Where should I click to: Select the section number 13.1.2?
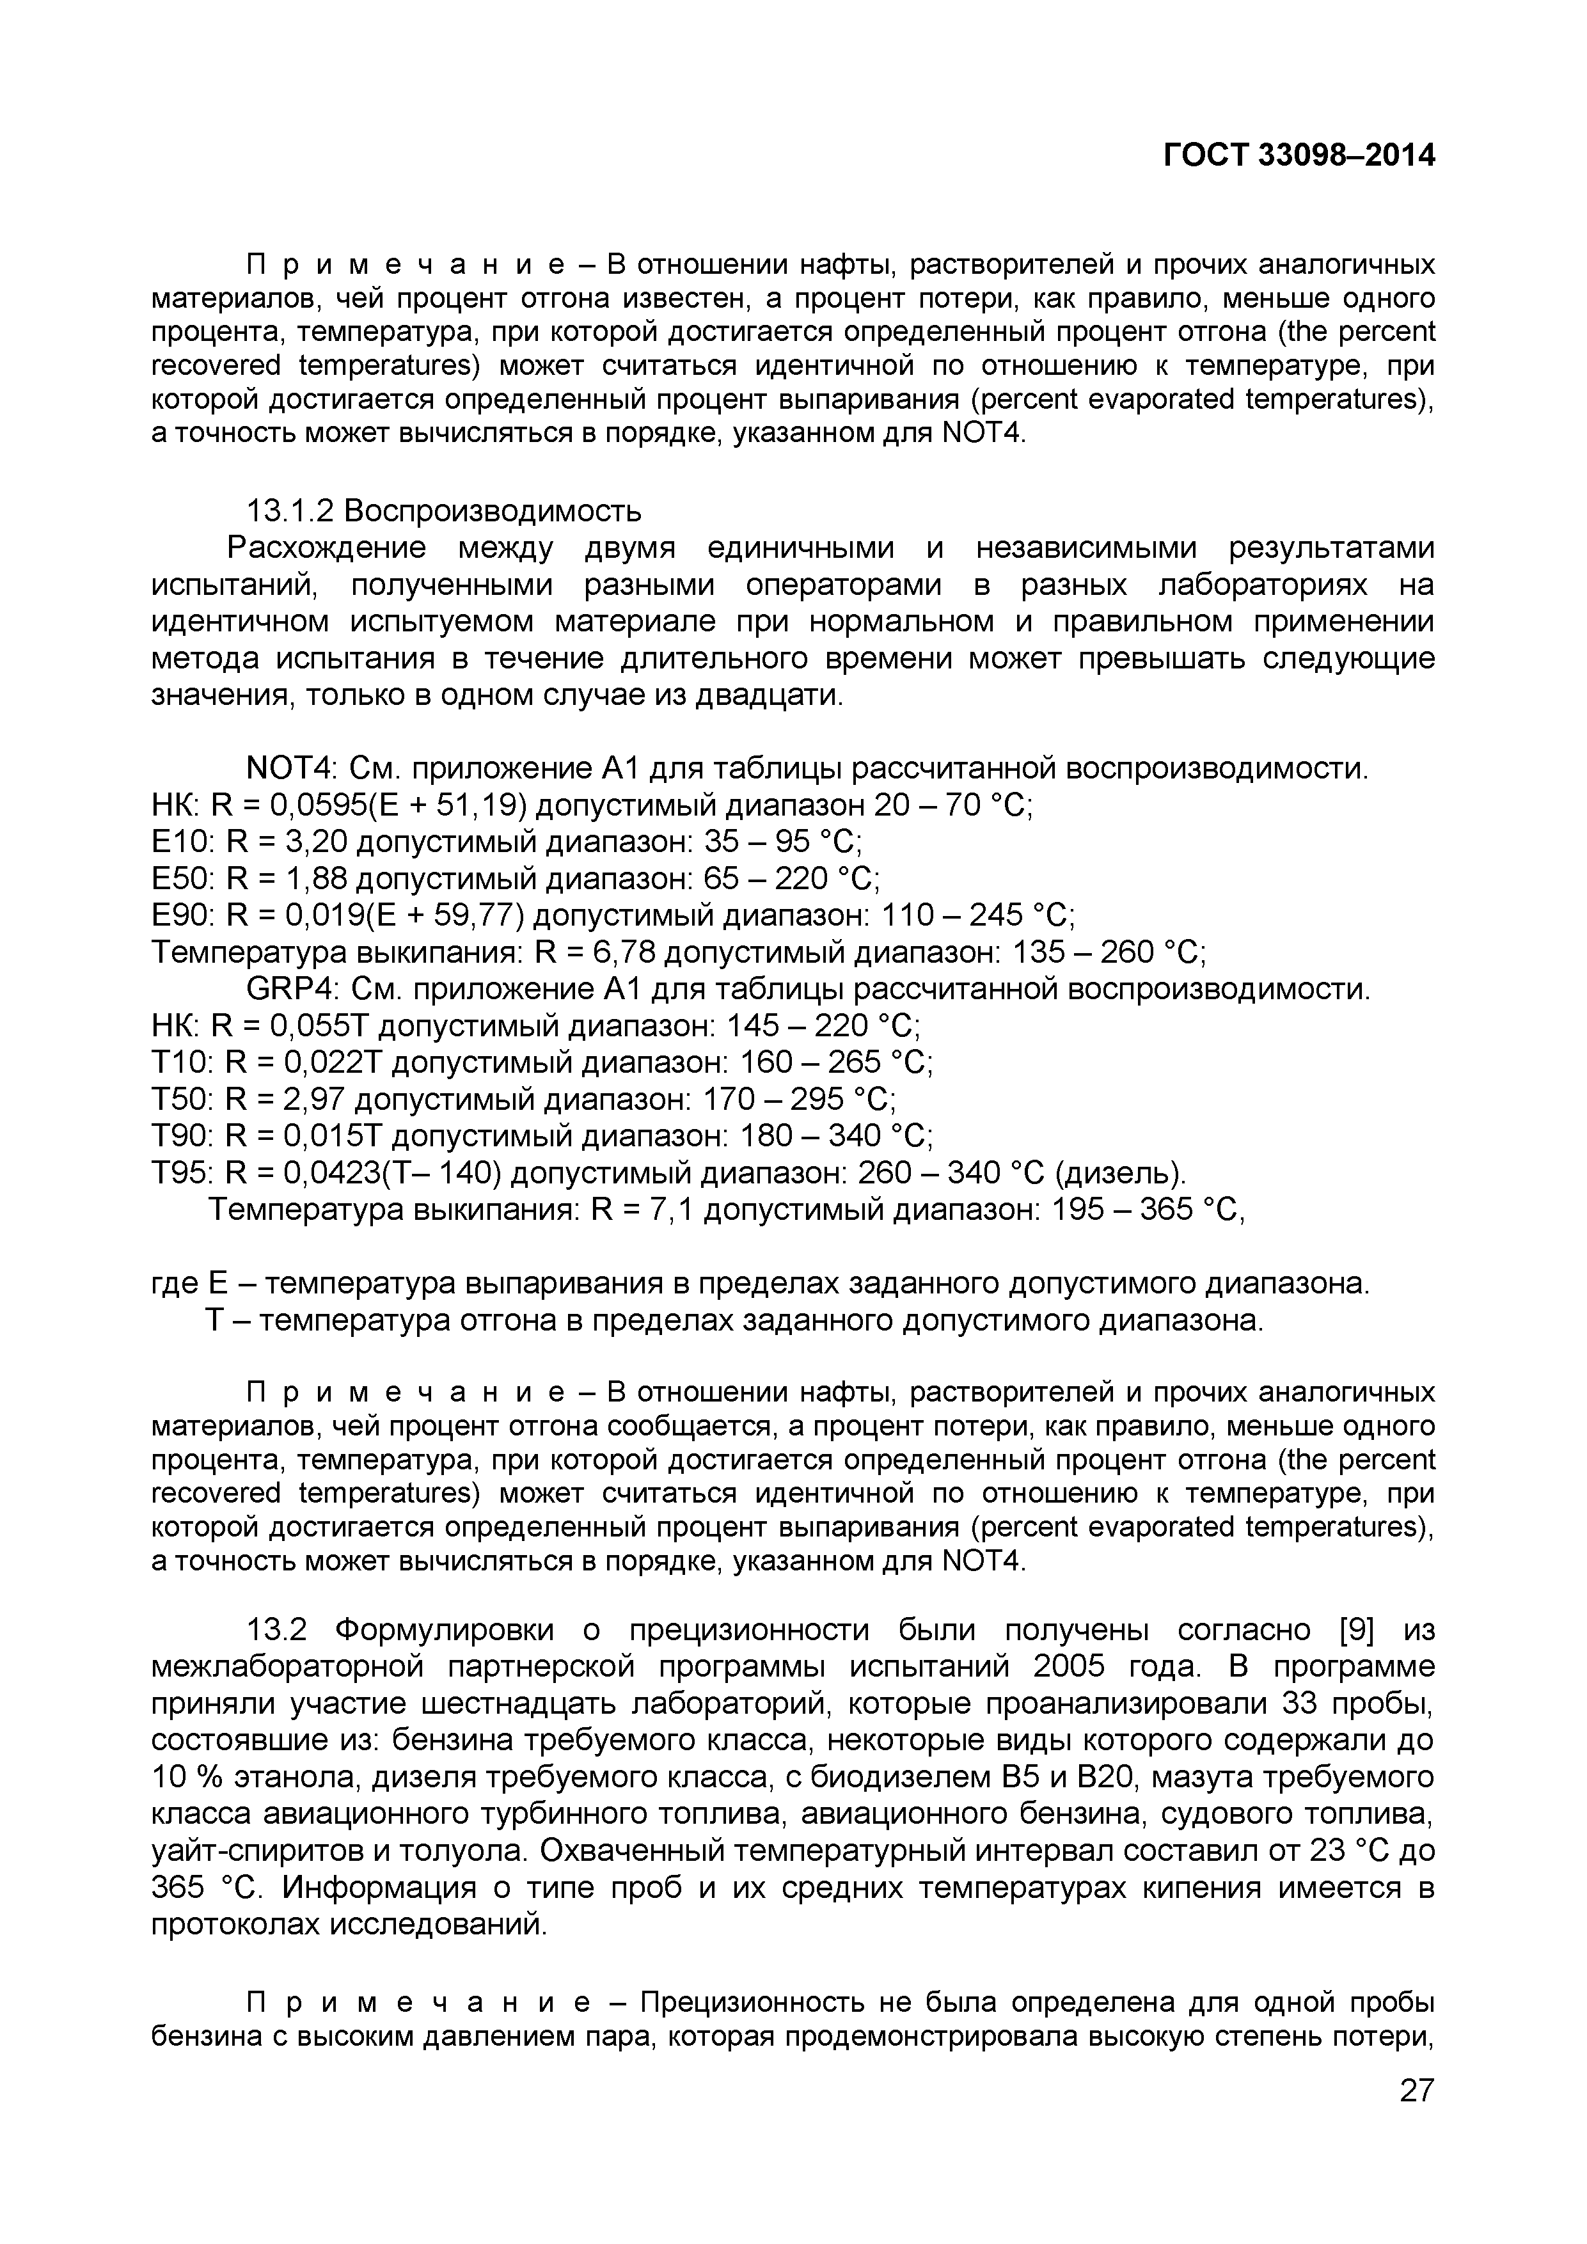(290, 511)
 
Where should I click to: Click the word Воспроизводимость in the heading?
(493, 511)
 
